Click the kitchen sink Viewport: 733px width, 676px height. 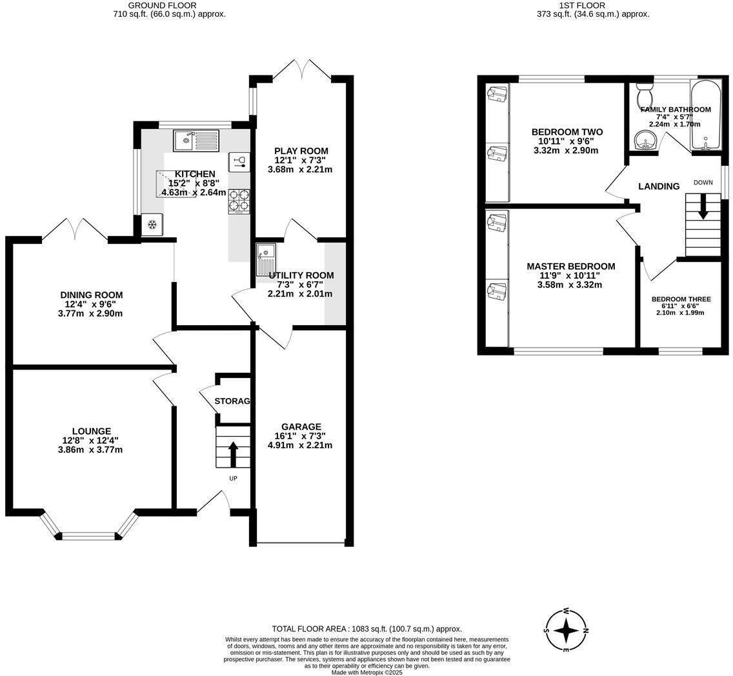coord(196,141)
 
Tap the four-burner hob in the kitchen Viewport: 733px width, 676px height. coord(239,201)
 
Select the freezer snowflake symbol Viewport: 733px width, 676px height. coord(152,224)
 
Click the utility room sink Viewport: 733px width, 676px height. coord(265,259)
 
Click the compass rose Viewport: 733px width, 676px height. coord(566,630)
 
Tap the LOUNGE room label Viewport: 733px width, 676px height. coord(92,431)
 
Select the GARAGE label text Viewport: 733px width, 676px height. coord(301,426)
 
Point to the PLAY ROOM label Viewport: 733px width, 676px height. coord(301,151)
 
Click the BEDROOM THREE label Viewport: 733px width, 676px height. coord(681,299)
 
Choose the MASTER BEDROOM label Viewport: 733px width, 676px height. coord(570,266)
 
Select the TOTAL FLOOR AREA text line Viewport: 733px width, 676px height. coord(366,629)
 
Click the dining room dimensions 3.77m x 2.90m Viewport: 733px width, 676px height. coord(90,313)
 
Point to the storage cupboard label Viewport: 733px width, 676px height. coord(232,401)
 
